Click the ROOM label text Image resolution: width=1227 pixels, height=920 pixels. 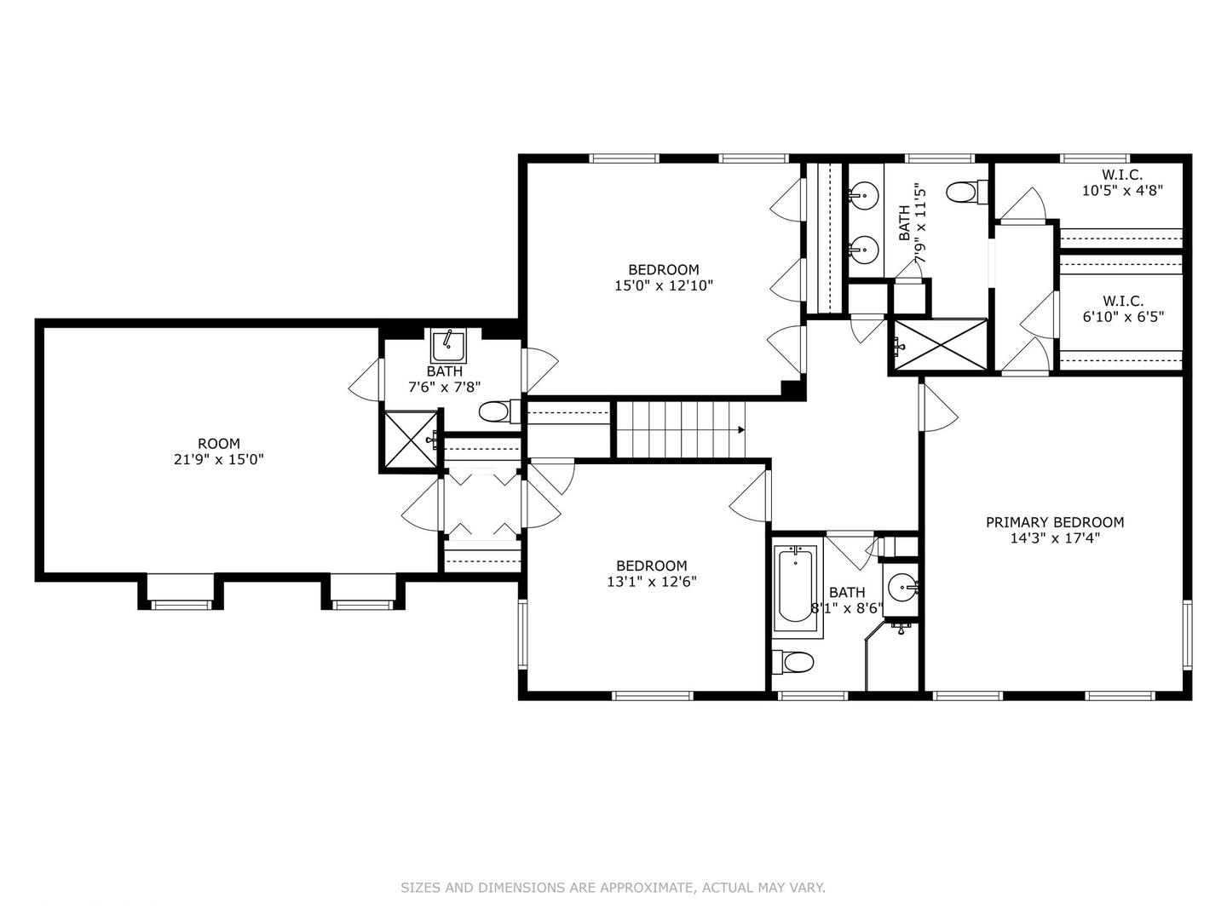tap(219, 444)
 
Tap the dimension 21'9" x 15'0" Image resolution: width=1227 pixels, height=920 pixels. tap(219, 460)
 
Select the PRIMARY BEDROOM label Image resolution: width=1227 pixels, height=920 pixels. tap(1055, 522)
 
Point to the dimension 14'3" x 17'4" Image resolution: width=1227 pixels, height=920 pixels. tap(1055, 538)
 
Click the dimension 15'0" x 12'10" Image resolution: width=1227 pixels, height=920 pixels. tap(664, 286)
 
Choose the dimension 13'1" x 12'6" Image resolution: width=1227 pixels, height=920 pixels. tap(652, 582)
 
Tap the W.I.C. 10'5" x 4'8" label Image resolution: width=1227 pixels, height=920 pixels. tap(1122, 182)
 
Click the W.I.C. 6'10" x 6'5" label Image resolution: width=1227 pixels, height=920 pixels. tap(1123, 309)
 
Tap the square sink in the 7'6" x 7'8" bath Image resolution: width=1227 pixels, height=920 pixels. tap(448, 347)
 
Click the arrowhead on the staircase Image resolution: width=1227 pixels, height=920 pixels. tap(740, 429)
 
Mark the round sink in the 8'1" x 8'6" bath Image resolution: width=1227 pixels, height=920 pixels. tap(902, 588)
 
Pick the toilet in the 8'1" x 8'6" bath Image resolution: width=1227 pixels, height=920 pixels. tap(792, 663)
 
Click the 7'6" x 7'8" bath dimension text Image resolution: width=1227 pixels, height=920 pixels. tap(445, 387)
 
